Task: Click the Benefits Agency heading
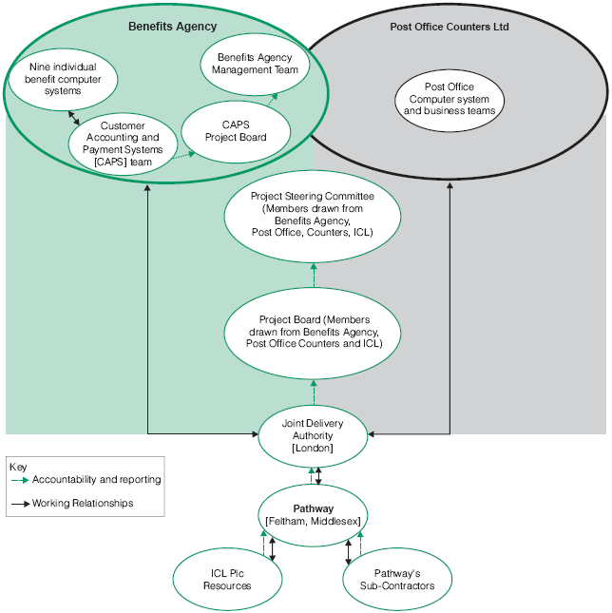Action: (x=172, y=27)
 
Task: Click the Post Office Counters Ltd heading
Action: (x=449, y=27)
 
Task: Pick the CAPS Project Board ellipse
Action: (x=236, y=131)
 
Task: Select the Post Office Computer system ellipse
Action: (x=449, y=99)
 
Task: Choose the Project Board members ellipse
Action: (x=313, y=333)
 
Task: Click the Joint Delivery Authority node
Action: (x=313, y=434)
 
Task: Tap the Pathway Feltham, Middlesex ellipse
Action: (x=313, y=516)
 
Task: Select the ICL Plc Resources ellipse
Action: (x=227, y=579)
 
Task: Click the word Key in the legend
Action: (x=18, y=467)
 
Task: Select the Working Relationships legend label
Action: (x=83, y=503)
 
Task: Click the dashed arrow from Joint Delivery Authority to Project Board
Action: (x=313, y=392)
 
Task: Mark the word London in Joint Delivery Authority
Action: (x=313, y=448)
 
